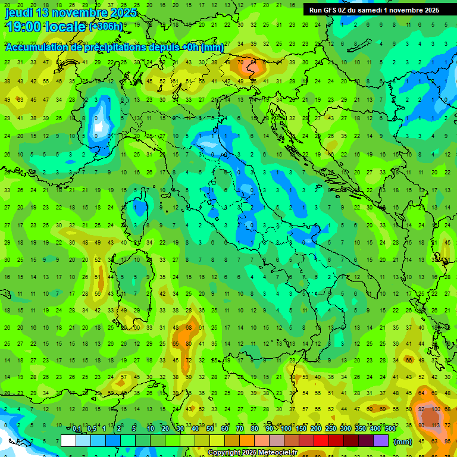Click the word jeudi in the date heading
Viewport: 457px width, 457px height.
pos(19,12)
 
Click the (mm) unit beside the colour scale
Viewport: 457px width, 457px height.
pos(403,442)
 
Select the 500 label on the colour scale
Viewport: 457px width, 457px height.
pos(390,429)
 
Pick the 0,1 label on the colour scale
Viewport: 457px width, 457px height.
pos(77,429)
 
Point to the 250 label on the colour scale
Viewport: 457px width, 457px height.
pos(330,429)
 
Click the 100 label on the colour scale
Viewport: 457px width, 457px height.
pos(286,429)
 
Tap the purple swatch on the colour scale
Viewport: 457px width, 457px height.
pos(381,441)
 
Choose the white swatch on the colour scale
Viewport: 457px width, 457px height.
pos(68,441)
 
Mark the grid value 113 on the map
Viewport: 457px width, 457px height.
pos(436,425)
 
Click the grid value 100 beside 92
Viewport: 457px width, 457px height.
pos(436,409)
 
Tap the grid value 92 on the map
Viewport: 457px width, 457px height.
pos(422,409)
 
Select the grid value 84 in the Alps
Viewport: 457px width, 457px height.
pos(254,62)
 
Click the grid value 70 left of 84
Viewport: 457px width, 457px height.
pos(240,62)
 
